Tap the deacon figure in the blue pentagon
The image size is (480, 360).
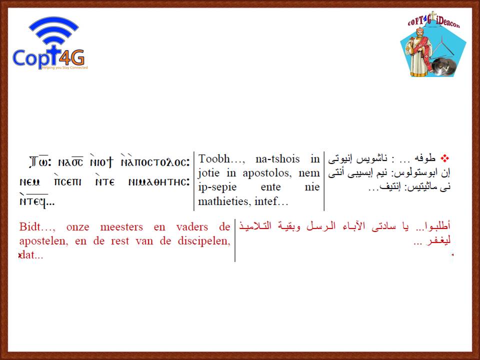pos(418,52)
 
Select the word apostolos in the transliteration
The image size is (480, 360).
pos(267,173)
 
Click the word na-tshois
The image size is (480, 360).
pos(277,159)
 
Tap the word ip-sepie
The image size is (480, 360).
pos(217,187)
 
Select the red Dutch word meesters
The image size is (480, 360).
pos(121,227)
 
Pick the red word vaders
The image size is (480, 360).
pos(192,227)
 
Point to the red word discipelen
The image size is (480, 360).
pos(204,241)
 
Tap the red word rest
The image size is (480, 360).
pos(120,241)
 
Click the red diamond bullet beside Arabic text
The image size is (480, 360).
pos(445,158)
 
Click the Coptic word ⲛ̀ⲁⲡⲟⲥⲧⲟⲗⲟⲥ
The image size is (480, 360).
pos(155,161)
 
